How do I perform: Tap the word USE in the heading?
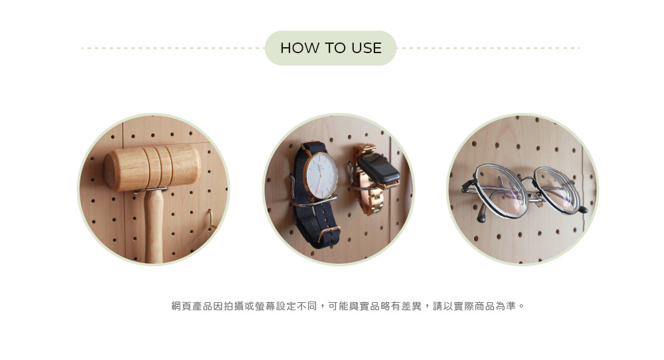tap(367, 48)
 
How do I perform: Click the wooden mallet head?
tap(152, 167)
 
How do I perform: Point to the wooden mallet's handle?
tap(154, 226)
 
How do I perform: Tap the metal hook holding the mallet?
tap(151, 191)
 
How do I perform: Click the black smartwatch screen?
tap(378, 168)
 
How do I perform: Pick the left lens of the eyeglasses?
tap(501, 190)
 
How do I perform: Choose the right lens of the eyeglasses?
tap(556, 189)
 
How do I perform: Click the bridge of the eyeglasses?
tap(529, 181)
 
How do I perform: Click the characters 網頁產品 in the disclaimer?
tap(192, 306)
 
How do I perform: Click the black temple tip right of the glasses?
tap(583, 209)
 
